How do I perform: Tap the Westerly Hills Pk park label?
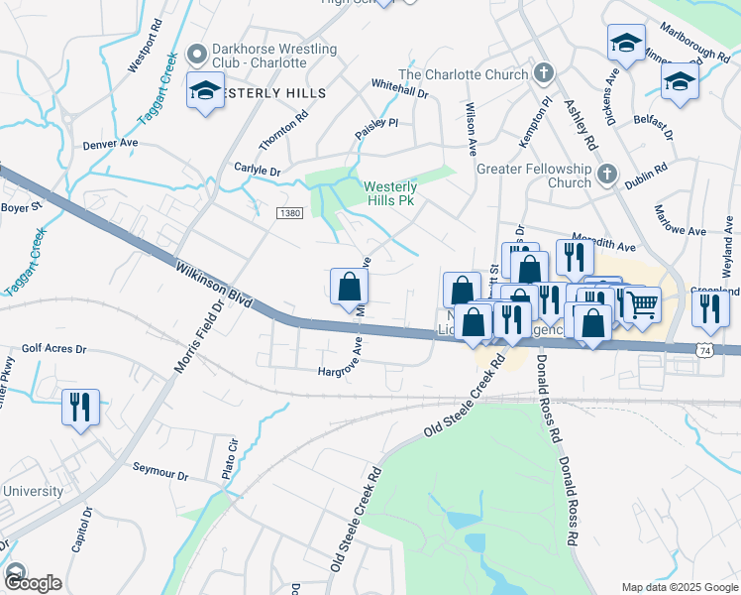coord(390,193)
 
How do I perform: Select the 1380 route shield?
coord(289,213)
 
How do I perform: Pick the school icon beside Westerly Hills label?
coord(205,91)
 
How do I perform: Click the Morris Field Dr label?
coord(194,338)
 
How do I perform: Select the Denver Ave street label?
coord(110,144)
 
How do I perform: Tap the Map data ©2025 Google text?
coord(681,587)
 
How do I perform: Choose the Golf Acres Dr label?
coord(54,350)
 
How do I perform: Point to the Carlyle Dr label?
coord(257,171)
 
